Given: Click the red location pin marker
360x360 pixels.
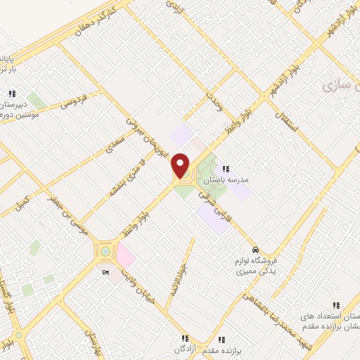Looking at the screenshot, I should click(x=181, y=166).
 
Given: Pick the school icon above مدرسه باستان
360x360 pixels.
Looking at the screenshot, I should click(x=226, y=168).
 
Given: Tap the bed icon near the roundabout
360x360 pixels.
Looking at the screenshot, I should click(x=105, y=273).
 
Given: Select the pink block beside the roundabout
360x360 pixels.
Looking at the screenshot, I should click(x=126, y=255).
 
